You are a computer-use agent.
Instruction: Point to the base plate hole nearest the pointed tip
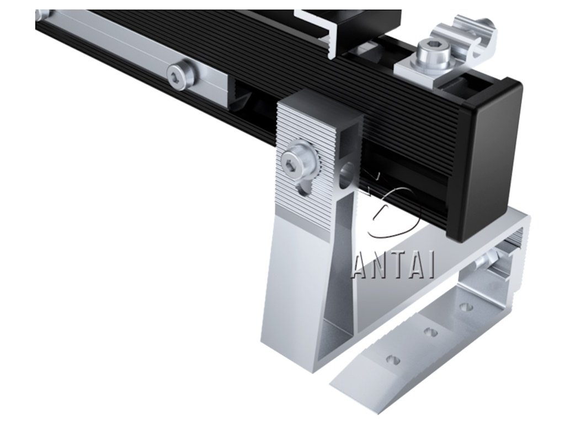tap(393, 360)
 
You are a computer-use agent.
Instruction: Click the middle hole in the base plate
tap(431, 332)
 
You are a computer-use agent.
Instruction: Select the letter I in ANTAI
tap(431, 266)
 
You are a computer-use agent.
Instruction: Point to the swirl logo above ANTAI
tap(393, 209)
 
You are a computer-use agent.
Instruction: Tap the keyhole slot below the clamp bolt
tap(302, 188)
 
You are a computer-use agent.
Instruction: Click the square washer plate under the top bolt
tap(419, 69)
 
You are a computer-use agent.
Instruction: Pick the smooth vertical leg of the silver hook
tap(295, 286)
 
